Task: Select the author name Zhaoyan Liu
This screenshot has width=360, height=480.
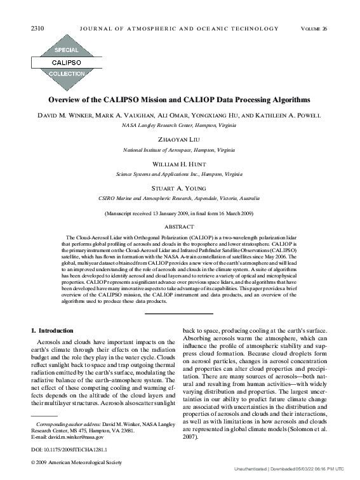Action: click(x=179, y=140)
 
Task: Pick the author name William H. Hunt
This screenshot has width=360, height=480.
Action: click(x=179, y=163)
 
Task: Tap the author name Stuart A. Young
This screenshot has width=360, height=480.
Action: click(x=179, y=187)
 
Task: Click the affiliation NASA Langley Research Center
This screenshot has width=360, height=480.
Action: click(x=179, y=125)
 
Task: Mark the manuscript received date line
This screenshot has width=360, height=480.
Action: click(x=179, y=213)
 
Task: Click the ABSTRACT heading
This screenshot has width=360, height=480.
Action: click(x=179, y=226)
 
